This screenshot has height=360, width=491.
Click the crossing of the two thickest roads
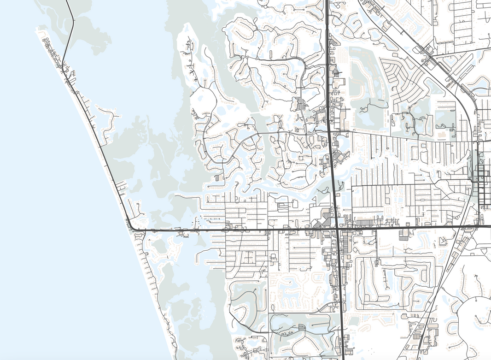(337, 228)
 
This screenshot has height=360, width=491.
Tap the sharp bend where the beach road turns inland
(130, 227)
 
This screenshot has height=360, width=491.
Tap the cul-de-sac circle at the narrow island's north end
(188, 29)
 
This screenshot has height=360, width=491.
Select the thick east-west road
(230, 229)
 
